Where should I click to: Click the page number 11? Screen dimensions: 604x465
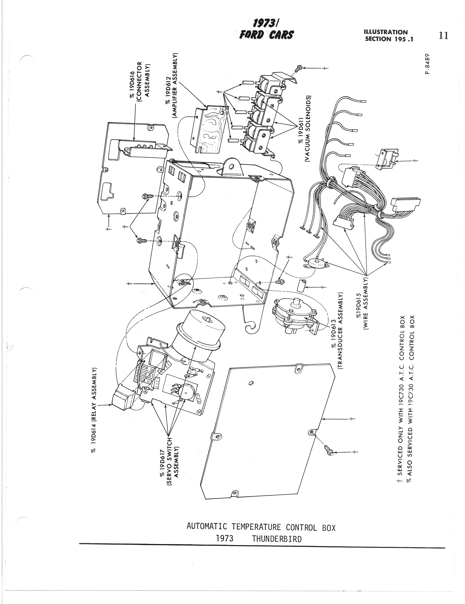point(443,36)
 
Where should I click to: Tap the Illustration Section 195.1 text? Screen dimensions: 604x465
point(389,36)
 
